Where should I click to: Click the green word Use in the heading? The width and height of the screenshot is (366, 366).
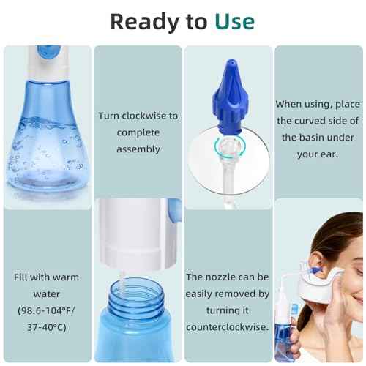coord(234,21)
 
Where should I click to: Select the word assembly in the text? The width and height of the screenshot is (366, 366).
coord(138,149)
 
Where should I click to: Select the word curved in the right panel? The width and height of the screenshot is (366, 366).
coord(324,121)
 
